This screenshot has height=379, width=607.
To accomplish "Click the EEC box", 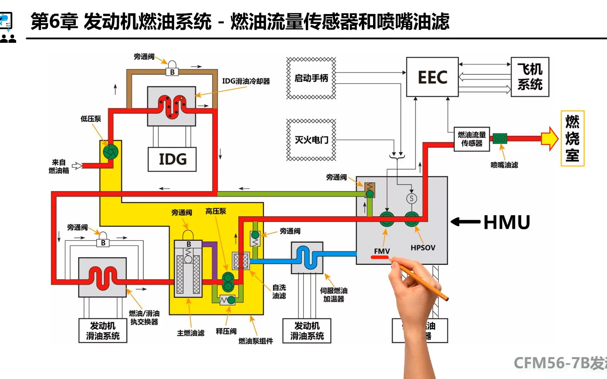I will (432, 77).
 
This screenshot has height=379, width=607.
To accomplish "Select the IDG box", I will (172, 159).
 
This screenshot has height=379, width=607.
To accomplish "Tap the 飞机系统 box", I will (530, 77).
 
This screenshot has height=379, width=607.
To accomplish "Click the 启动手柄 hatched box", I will (311, 78).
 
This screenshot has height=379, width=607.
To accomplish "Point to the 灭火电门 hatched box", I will (311, 140).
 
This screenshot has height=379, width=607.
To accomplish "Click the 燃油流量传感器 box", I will (471, 139).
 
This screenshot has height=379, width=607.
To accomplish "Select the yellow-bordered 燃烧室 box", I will (572, 138).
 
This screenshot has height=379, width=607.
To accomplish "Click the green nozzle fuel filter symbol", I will (500, 139).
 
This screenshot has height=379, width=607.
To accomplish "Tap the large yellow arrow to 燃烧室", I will (549, 139).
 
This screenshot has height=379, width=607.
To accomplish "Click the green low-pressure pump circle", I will (111, 152).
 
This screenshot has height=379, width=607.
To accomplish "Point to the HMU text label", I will (507, 222).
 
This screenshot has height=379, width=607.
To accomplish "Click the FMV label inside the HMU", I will (381, 251).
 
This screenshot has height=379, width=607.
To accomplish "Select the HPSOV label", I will (423, 248).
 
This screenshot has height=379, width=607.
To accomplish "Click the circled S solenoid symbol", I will (411, 199).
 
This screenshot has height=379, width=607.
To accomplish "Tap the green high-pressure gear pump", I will (228, 282).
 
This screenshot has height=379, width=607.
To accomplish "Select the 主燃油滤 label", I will (190, 333).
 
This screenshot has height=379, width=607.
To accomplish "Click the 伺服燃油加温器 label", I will (333, 295).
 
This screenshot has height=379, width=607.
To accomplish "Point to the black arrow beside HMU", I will (465, 222).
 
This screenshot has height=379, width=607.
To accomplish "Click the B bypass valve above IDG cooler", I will (172, 71).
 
